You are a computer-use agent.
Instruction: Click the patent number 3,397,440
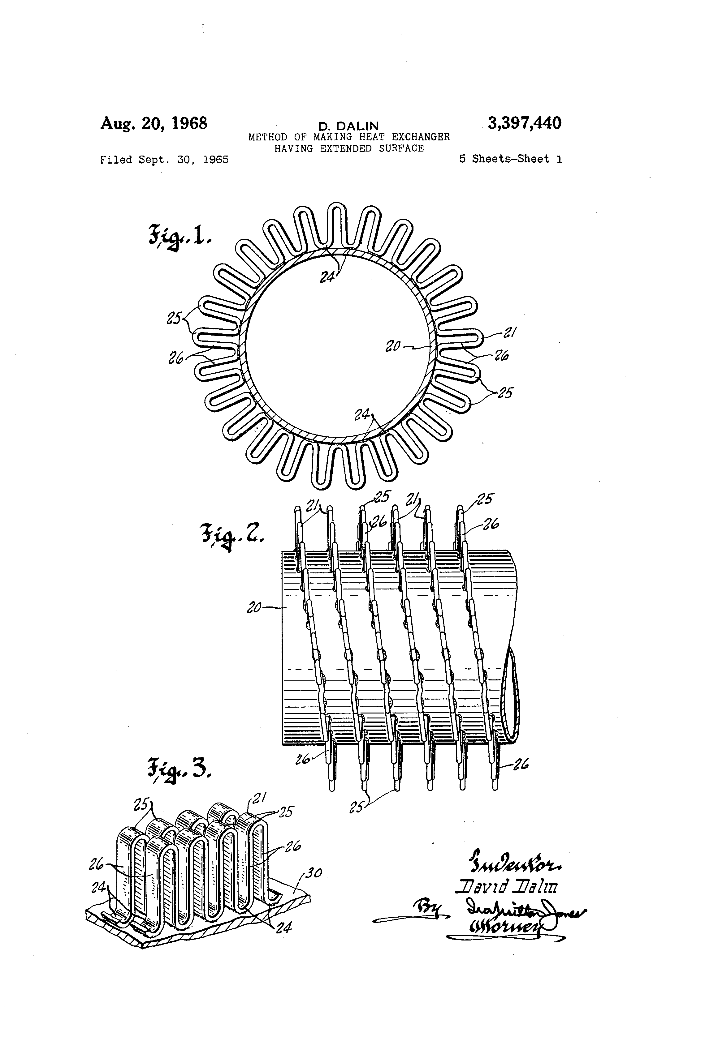click(524, 123)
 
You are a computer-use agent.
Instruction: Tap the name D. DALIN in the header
click(348, 126)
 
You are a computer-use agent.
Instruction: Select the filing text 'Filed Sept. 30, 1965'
click(164, 160)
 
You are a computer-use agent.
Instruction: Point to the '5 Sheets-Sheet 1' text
click(511, 159)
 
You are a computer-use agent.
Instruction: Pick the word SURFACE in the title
click(401, 148)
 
